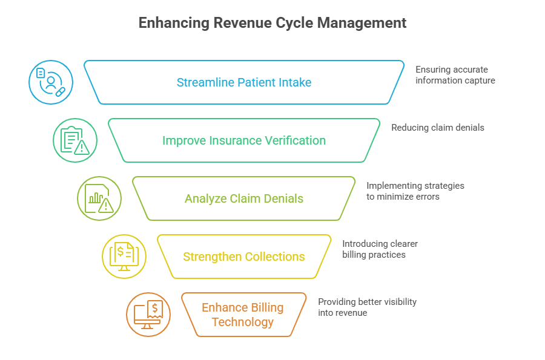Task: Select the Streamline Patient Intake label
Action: pyautogui.click(x=244, y=82)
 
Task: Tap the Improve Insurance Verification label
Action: pyautogui.click(x=244, y=140)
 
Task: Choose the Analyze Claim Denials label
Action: pyautogui.click(x=244, y=198)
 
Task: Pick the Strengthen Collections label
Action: pyautogui.click(x=244, y=257)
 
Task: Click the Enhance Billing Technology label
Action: pyautogui.click(x=243, y=315)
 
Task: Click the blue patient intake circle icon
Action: pyautogui.click(x=51, y=82)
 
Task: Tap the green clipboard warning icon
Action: pyautogui.click(x=74, y=140)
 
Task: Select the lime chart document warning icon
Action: pyautogui.click(x=99, y=198)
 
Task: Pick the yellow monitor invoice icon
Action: pyautogui.click(x=124, y=257)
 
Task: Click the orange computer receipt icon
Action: pyautogui.click(x=148, y=315)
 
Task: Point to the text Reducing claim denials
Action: pyautogui.click(x=437, y=128)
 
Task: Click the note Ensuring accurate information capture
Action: pyautogui.click(x=455, y=75)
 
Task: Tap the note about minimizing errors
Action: pyautogui.click(x=415, y=191)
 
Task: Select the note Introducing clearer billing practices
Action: pyautogui.click(x=380, y=249)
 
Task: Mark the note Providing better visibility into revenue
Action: pyautogui.click(x=367, y=307)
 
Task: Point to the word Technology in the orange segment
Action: pyautogui.click(x=243, y=322)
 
